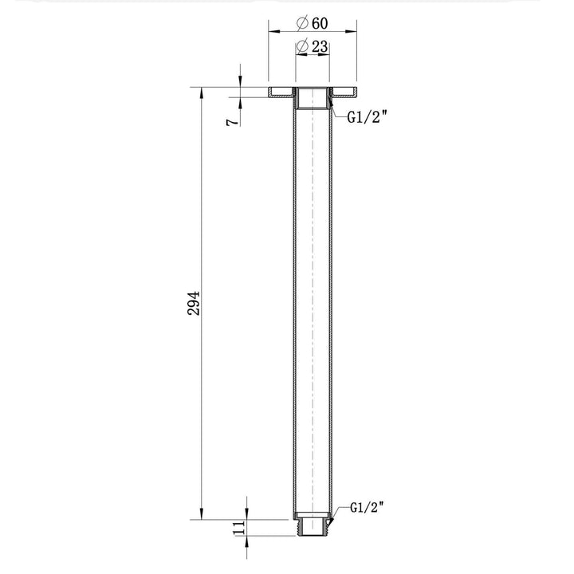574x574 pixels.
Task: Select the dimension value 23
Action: tap(320, 47)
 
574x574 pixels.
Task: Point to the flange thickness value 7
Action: tap(230, 121)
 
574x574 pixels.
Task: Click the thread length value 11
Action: tap(238, 529)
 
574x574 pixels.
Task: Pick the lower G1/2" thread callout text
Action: tap(368, 506)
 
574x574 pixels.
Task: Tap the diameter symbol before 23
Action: tap(303, 47)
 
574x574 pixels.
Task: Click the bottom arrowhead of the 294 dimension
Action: tap(201, 514)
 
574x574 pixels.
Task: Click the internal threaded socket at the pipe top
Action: tap(312, 99)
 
